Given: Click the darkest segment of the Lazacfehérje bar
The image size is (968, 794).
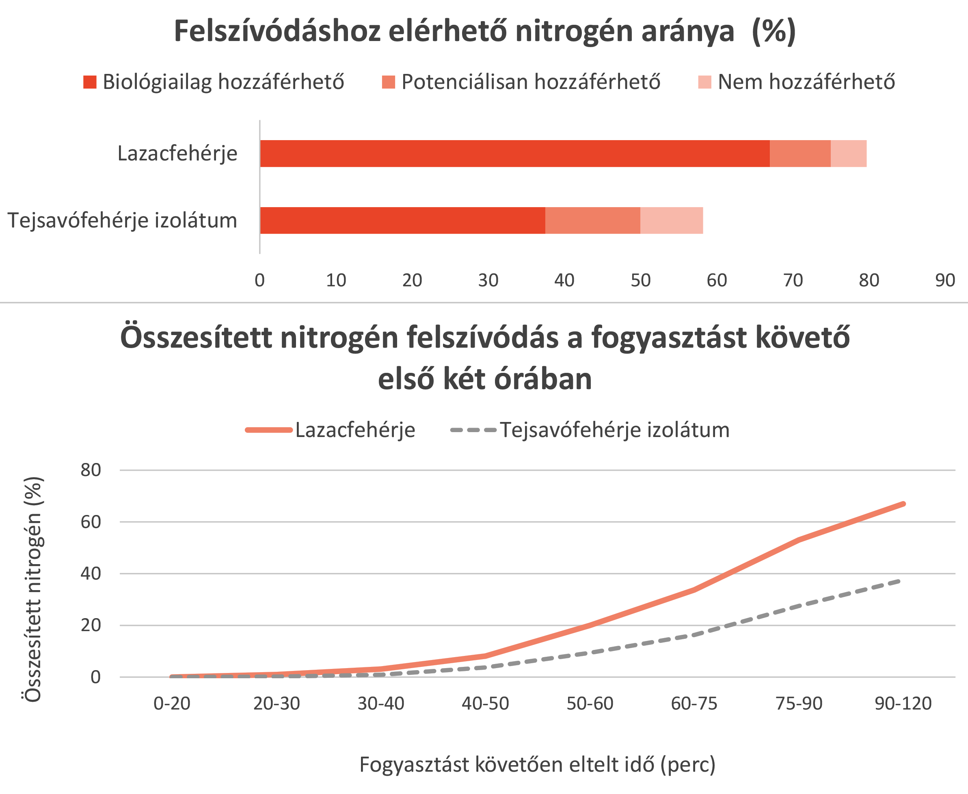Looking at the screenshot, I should [514, 154].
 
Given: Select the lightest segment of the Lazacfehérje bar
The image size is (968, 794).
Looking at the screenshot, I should [848, 154].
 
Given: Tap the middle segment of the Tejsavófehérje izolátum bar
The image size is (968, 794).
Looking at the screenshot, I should [592, 221].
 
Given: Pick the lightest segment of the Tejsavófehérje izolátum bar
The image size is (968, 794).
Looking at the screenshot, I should [671, 221].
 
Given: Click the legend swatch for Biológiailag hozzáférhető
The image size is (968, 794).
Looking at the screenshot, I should [90, 82].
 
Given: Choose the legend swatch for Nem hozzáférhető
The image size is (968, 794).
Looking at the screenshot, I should [704, 82].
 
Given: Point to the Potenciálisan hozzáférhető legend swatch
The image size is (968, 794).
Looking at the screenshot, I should [388, 82].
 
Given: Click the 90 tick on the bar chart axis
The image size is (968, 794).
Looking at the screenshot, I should [945, 280].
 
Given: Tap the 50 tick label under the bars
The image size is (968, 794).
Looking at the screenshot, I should [640, 280].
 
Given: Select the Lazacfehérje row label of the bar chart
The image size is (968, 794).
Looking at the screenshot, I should [177, 154].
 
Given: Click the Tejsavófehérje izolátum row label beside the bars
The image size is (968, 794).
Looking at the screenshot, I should [123, 221].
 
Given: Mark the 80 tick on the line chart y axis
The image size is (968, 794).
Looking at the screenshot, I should [91, 470].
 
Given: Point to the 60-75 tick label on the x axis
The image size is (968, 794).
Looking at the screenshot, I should [694, 703].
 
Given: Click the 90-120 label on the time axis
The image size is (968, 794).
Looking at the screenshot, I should [903, 703].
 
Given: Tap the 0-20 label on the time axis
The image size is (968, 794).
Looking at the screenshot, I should [172, 703].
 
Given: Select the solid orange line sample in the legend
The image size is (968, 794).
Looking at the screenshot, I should [269, 430].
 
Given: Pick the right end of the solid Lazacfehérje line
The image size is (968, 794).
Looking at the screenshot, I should [903, 504].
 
